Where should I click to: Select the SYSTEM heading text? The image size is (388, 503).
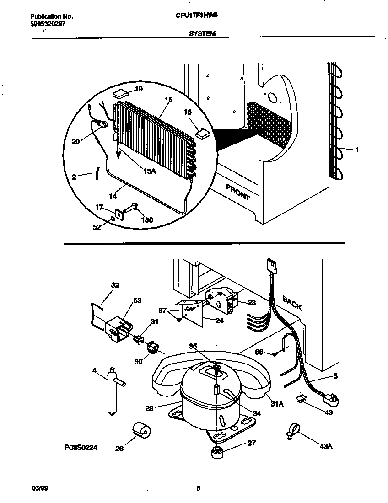click(x=202, y=33)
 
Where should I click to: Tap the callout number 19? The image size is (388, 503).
click(x=139, y=89)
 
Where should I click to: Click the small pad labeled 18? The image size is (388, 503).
click(x=202, y=133)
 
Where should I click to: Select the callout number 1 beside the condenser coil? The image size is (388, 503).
click(x=357, y=150)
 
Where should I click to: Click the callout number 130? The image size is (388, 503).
click(x=146, y=220)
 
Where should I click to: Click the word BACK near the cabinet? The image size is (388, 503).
click(x=291, y=303)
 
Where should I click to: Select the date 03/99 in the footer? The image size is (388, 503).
click(x=40, y=488)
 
